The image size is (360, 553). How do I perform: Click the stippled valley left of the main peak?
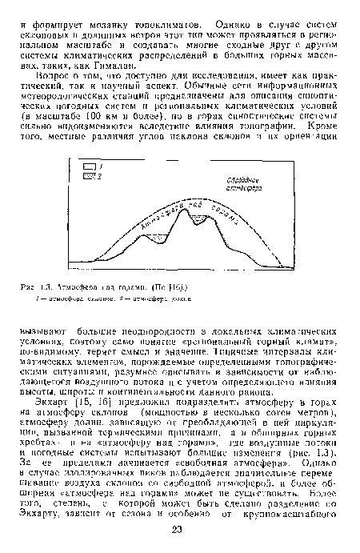click(162, 237)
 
